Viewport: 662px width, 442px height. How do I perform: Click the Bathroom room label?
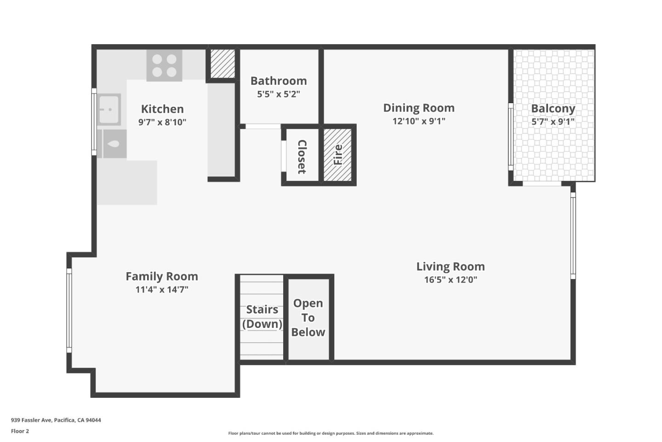point(279,81)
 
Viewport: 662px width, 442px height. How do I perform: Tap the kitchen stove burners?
point(164,65)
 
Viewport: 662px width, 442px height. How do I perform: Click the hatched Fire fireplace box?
point(337,154)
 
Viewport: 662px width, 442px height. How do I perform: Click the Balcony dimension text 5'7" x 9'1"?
point(553,122)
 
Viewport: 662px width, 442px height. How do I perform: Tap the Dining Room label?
point(419,108)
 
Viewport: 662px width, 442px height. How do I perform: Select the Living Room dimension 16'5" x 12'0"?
point(451,279)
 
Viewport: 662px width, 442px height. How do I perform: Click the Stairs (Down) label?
point(262,317)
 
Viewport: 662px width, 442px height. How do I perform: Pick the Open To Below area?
point(308,318)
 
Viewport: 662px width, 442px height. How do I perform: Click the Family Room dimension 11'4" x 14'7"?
point(162,290)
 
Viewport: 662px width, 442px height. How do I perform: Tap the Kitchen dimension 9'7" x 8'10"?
point(162,122)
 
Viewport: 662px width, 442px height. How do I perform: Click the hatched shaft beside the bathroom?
point(223,63)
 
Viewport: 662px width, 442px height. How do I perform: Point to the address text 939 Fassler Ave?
point(56,420)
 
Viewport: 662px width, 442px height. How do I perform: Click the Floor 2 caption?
point(20,431)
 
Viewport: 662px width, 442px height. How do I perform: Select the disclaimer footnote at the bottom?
point(331,433)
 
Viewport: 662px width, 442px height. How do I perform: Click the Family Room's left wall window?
point(69,310)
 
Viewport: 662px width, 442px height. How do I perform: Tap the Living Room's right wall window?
point(573,235)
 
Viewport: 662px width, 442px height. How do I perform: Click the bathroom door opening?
point(263,126)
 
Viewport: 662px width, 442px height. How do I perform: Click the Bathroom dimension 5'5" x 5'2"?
point(279,94)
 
